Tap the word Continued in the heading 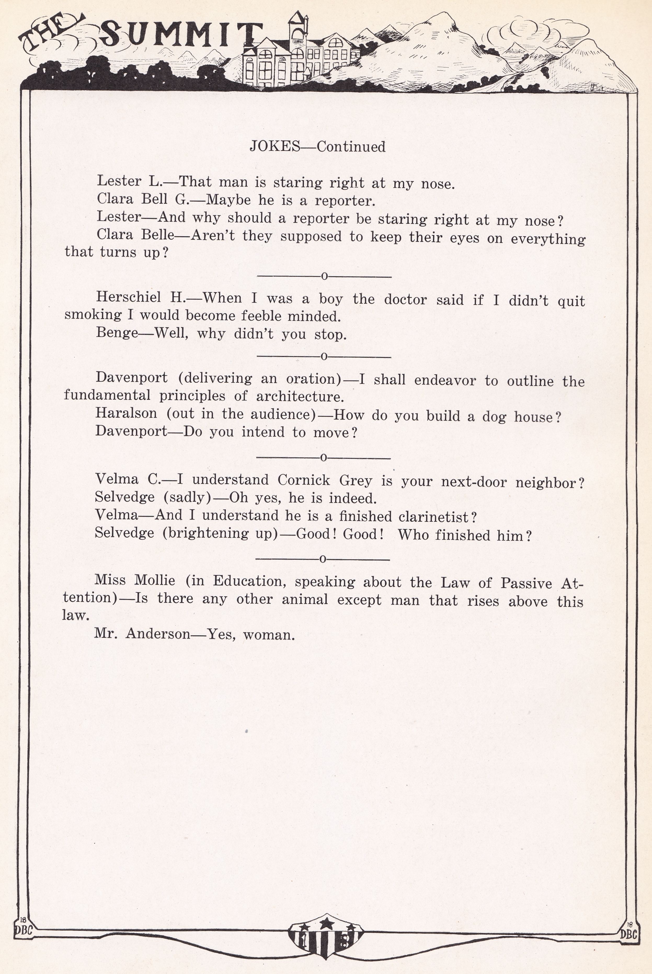tap(351, 146)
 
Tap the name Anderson tap(158, 634)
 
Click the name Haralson tap(127, 414)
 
